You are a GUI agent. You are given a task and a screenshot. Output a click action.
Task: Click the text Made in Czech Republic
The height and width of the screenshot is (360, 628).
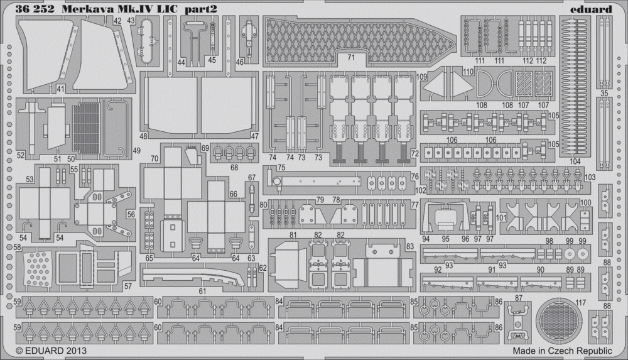(x=562, y=351)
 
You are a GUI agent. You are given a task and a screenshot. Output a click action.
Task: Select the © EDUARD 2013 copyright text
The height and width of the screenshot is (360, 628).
(x=51, y=351)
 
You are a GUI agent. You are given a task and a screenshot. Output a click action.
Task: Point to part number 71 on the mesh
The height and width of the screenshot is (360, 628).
(x=351, y=58)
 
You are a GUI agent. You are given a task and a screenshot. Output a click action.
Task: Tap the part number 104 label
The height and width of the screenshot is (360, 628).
(x=575, y=161)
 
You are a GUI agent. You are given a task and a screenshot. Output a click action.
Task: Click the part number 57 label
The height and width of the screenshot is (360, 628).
(x=127, y=286)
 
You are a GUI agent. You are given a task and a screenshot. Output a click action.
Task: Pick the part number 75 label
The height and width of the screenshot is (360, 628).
(x=281, y=168)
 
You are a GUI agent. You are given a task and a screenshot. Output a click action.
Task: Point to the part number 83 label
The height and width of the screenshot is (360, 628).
(x=409, y=246)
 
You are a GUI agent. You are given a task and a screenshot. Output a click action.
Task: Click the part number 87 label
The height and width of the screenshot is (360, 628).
(x=519, y=298)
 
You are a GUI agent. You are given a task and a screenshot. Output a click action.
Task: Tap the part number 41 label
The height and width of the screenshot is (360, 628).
(x=60, y=89)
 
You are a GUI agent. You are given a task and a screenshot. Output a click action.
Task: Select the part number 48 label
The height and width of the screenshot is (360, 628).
(x=144, y=136)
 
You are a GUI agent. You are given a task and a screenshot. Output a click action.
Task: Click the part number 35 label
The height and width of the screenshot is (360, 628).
(x=604, y=93)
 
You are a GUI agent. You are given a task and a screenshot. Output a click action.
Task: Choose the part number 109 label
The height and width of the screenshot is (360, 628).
(x=422, y=76)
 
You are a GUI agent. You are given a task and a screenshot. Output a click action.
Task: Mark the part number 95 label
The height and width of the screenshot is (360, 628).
(x=445, y=239)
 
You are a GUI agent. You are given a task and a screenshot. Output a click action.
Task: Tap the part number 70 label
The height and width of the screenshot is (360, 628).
(x=154, y=159)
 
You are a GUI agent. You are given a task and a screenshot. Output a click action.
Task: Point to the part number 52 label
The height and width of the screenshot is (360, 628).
(x=21, y=155)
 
